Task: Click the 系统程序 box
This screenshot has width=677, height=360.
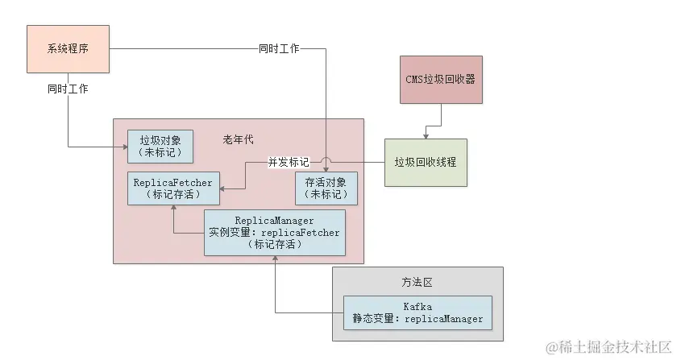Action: point(68,49)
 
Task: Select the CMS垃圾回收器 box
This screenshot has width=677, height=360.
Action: point(440,79)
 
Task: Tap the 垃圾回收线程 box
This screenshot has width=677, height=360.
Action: point(425,162)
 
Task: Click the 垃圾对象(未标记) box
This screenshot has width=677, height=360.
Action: point(161,145)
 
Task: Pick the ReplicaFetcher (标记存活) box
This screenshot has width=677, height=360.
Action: point(173,188)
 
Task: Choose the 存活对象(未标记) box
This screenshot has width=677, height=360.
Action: point(326,188)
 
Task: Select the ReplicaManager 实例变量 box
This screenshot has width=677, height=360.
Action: point(275,232)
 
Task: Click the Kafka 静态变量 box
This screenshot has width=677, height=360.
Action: point(417,312)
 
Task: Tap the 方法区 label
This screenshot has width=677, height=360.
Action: point(417,283)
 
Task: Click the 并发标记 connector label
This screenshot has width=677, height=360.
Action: point(288,162)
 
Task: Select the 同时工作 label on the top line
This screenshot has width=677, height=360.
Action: point(279,49)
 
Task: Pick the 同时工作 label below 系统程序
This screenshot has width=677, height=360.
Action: point(68,89)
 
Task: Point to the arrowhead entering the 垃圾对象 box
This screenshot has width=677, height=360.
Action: point(124,147)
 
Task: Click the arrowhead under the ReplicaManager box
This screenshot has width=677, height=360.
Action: point(275,259)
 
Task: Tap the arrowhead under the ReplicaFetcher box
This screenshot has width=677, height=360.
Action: point(173,207)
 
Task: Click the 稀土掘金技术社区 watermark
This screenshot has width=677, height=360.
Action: point(608,348)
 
